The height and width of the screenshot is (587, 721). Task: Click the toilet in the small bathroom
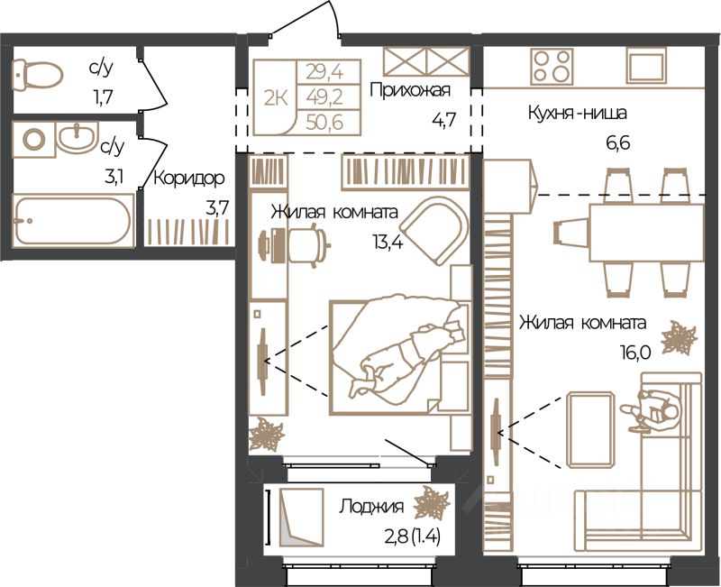point(37,75)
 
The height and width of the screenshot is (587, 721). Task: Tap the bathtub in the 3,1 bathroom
point(73,220)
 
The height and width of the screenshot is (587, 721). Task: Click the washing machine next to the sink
point(33,139)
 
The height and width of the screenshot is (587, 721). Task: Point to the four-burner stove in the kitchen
point(552,66)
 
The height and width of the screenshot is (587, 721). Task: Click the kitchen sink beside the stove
point(647,66)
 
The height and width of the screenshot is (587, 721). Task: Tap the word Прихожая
point(410,90)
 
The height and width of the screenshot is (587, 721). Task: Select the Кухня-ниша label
point(577,112)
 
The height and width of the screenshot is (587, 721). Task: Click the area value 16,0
point(635,353)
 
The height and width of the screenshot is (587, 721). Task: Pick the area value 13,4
point(388,242)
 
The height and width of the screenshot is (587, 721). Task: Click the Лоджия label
point(371,507)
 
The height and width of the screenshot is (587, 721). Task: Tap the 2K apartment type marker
point(276,98)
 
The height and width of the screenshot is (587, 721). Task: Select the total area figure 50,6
point(324,124)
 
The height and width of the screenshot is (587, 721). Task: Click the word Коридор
point(189,179)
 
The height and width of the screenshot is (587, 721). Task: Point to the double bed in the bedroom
point(400,356)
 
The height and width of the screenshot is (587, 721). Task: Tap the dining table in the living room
point(646,233)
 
